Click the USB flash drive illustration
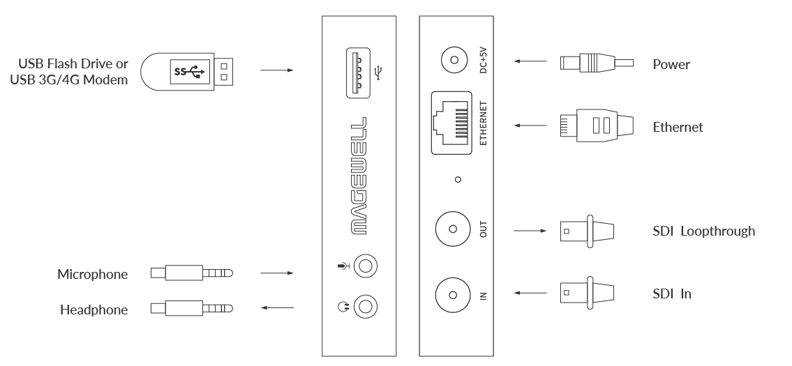[x=188, y=71]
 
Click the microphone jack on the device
[x=365, y=266]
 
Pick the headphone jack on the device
[x=365, y=305]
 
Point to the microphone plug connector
[x=191, y=273]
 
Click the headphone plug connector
[x=191, y=307]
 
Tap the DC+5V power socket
[x=454, y=61]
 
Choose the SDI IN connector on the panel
[x=452, y=295]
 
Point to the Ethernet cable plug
[x=597, y=126]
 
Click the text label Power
[x=671, y=65]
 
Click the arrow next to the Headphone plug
[x=278, y=307]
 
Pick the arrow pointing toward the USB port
[x=278, y=70]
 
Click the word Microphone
[x=93, y=274]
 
